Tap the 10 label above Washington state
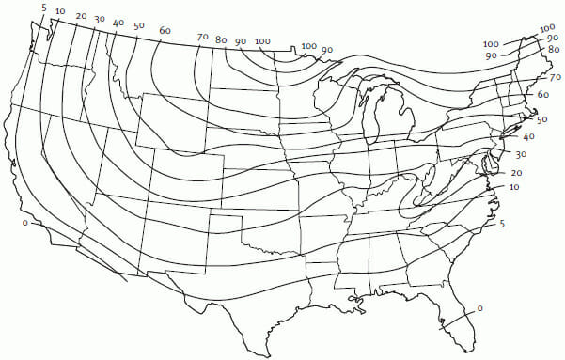60,12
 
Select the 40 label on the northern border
118,22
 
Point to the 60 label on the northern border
165,30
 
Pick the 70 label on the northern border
202,37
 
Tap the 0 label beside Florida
479,308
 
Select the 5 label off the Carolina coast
503,224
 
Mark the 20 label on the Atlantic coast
516,174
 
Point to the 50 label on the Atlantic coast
541,119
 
